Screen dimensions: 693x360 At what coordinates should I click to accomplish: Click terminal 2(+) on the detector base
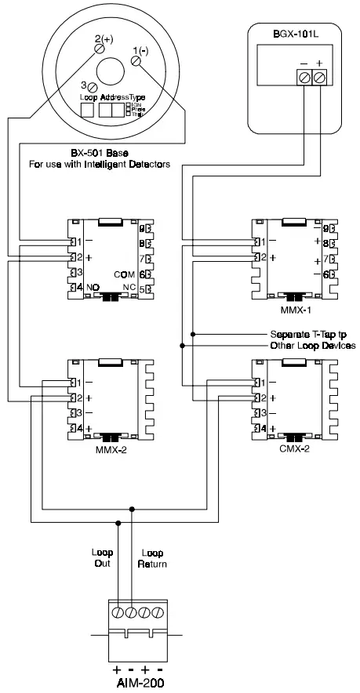click(100, 49)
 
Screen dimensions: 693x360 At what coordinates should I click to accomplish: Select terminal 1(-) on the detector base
click(136, 60)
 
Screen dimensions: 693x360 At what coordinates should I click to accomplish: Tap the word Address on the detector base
click(112, 98)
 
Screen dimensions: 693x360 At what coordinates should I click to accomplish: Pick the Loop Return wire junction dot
click(131, 509)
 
